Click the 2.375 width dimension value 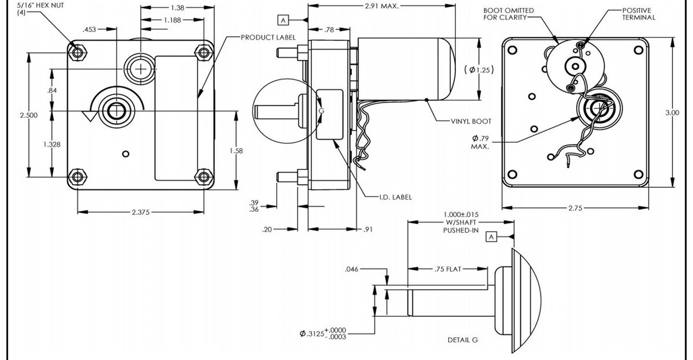click(140, 212)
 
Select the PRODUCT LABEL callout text click(268, 37)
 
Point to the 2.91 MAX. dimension click(381, 6)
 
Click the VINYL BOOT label click(471, 121)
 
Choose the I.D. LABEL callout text click(395, 197)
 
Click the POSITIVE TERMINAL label click(638, 14)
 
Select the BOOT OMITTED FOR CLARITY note click(508, 14)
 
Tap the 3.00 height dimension click(672, 113)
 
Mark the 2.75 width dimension click(576, 208)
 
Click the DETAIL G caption click(462, 340)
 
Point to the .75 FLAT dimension click(448, 269)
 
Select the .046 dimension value click(352, 269)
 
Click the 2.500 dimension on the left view click(29, 115)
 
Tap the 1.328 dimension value click(52, 145)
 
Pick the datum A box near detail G click(491, 237)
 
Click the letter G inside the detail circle click(321, 110)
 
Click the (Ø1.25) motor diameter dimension click(479, 69)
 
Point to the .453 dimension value click(90, 30)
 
